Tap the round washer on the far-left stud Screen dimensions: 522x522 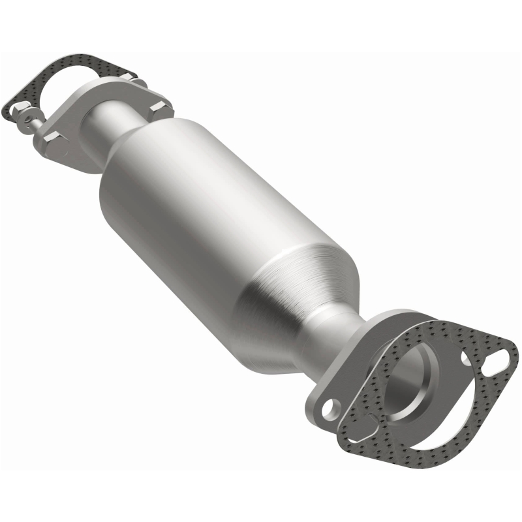27,119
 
